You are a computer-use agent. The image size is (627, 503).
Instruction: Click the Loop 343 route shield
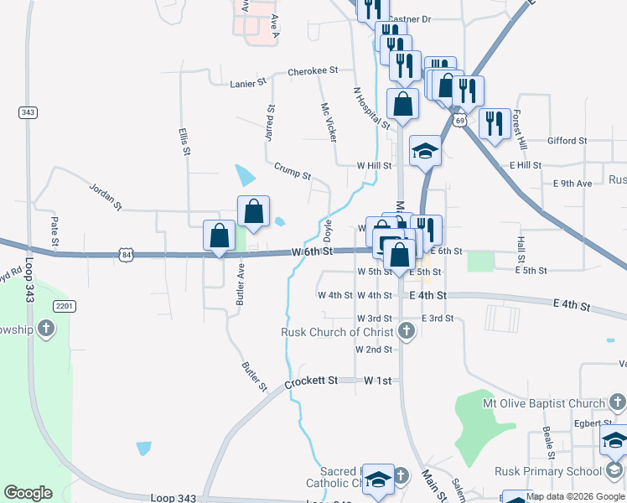(26, 112)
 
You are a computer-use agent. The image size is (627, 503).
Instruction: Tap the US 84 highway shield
(126, 253)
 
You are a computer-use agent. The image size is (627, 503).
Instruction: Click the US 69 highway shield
(460, 121)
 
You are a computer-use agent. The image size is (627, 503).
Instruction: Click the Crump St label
(293, 170)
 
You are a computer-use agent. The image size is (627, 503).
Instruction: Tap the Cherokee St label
(312, 71)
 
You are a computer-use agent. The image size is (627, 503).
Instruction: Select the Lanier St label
(247, 83)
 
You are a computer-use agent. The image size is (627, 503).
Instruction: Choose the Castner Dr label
(410, 18)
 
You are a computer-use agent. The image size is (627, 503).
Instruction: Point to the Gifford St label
(567, 141)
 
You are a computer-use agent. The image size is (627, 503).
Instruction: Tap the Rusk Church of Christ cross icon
(407, 331)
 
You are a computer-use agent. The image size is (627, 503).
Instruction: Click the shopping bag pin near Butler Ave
(220, 236)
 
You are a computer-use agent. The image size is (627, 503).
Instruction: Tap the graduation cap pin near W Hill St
(425, 151)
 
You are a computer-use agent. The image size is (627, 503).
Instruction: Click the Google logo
(28, 493)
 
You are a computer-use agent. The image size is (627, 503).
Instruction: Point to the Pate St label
(54, 231)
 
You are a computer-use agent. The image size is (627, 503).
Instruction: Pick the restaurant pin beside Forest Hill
(495, 123)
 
